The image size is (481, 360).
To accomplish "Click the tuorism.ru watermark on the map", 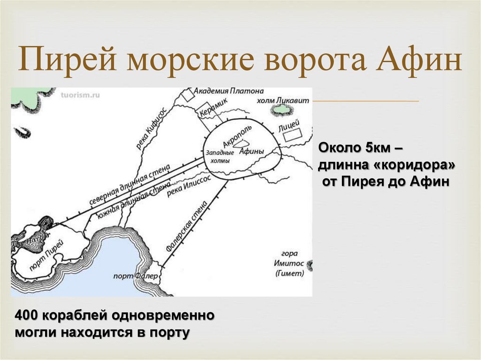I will coord(80,94).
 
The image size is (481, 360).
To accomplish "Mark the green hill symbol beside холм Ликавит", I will coord(282,110).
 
